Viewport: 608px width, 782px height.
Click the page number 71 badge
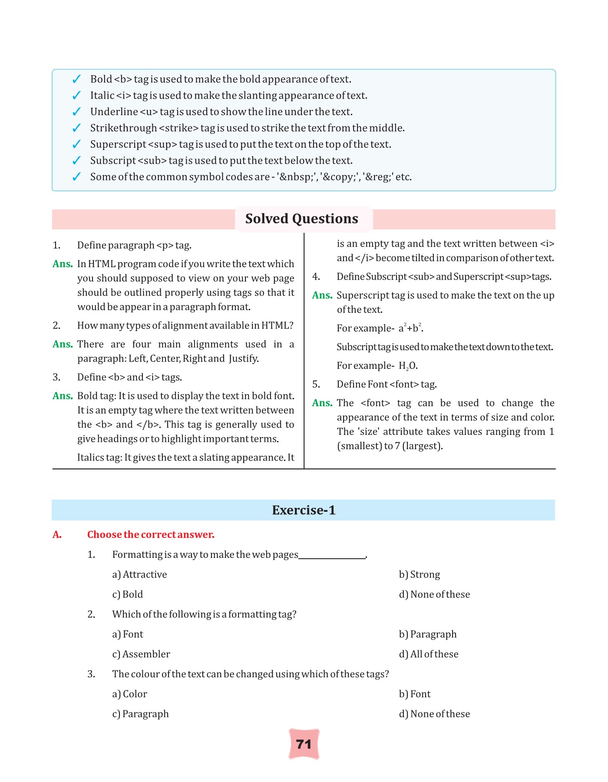304,744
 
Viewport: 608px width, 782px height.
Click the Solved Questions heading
301,219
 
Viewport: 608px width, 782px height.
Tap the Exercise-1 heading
304,510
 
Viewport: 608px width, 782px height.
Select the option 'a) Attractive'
139,574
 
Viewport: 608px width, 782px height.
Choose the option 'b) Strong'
419,574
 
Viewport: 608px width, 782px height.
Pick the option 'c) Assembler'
141,654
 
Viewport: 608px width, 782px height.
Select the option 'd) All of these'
428,654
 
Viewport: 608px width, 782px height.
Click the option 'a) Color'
129,694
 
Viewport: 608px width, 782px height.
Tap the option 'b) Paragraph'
427,634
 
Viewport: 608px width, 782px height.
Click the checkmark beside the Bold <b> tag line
76,79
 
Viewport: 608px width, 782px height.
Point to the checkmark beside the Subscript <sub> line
76,161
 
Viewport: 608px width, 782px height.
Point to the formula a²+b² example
411,328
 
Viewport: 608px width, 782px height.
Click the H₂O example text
408,366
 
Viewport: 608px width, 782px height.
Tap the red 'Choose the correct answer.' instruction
151,534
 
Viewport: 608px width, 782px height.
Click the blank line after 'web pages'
332,556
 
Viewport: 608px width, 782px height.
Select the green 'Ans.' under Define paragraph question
63,264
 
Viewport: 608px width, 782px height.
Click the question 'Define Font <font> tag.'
387,384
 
